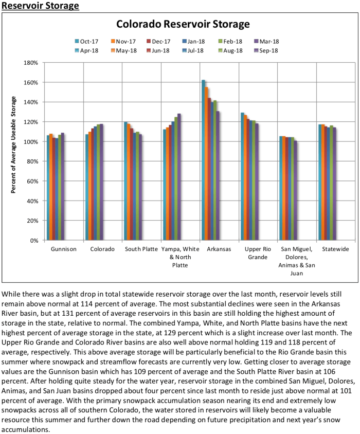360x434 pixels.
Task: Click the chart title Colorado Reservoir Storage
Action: tap(183, 24)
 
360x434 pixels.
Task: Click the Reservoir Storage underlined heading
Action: tap(40, 6)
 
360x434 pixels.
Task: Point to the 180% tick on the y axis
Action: tap(31, 63)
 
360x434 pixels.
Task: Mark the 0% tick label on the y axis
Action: tap(34, 240)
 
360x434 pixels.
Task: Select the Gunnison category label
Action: tap(64, 249)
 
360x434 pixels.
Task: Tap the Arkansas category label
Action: tap(219, 249)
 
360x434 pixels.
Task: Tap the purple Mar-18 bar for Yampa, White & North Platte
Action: tap(179, 177)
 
